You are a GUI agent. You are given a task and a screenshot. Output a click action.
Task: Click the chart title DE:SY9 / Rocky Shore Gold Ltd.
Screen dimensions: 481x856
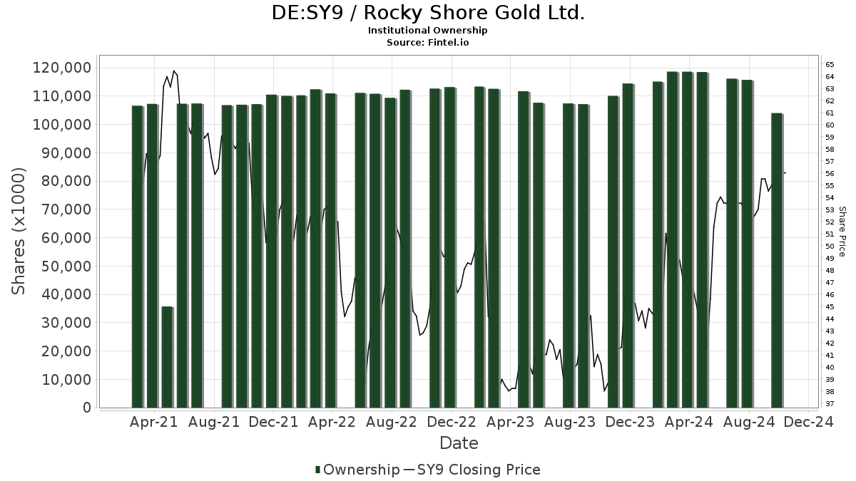point(428,13)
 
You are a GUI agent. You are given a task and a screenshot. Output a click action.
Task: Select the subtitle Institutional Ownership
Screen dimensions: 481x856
point(428,31)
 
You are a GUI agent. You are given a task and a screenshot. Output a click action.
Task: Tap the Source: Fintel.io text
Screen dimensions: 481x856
point(428,43)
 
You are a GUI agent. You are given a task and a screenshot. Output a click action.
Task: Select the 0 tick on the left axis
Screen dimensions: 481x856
point(87,408)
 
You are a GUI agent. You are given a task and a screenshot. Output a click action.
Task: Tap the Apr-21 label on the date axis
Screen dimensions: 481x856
point(154,423)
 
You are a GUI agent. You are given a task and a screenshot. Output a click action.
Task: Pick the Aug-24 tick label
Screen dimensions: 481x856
point(748,423)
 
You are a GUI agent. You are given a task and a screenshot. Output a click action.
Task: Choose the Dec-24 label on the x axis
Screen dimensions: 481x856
point(808,423)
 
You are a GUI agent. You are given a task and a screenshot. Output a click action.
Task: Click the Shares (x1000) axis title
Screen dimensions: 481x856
point(19,230)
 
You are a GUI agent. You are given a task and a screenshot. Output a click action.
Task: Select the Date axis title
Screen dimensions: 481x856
point(459,443)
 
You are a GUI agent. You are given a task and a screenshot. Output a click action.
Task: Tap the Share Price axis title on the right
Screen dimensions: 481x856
point(842,231)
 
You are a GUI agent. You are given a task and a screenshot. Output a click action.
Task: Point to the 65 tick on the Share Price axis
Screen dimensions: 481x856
point(830,64)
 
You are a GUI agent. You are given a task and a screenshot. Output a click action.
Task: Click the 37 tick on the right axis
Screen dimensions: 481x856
point(830,404)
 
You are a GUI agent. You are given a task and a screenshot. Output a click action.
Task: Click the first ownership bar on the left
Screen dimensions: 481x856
point(138,257)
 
